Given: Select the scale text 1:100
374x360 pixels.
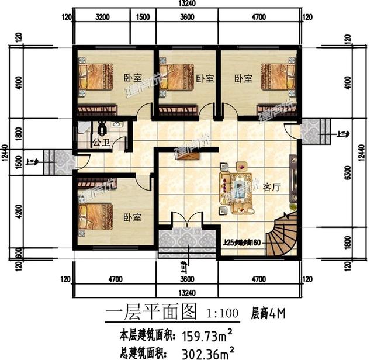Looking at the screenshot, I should tap(222, 314).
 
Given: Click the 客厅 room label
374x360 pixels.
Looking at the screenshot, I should tap(273, 188).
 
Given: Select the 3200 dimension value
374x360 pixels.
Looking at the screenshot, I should tap(103, 18).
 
